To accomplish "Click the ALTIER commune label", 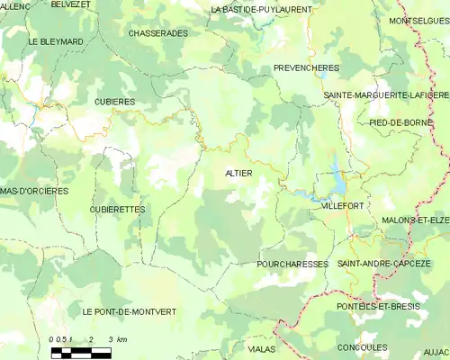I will click(x=238, y=172).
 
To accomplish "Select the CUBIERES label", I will click(x=114, y=102).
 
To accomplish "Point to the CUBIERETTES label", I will click(x=117, y=209).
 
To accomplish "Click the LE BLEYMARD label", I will click(x=56, y=41).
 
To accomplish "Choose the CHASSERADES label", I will click(x=158, y=32).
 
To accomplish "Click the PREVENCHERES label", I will click(x=305, y=67).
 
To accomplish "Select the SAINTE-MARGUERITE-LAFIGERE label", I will click(x=386, y=94).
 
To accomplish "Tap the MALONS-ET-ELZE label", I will click(x=415, y=220).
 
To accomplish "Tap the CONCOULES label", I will click(x=362, y=346).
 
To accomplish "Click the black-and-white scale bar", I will click(x=81, y=352).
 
